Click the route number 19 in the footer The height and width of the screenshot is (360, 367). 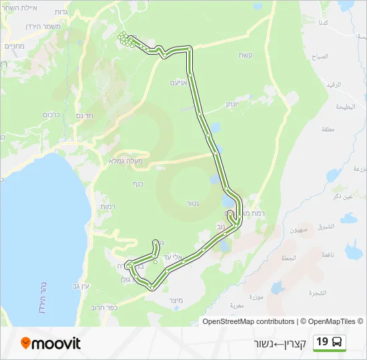(322, 342)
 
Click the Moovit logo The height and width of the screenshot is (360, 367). (51, 343)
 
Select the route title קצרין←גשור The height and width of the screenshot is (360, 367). (280, 343)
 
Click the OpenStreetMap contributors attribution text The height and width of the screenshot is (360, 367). (248, 321)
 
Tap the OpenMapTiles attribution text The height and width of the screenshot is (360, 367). (332, 321)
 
